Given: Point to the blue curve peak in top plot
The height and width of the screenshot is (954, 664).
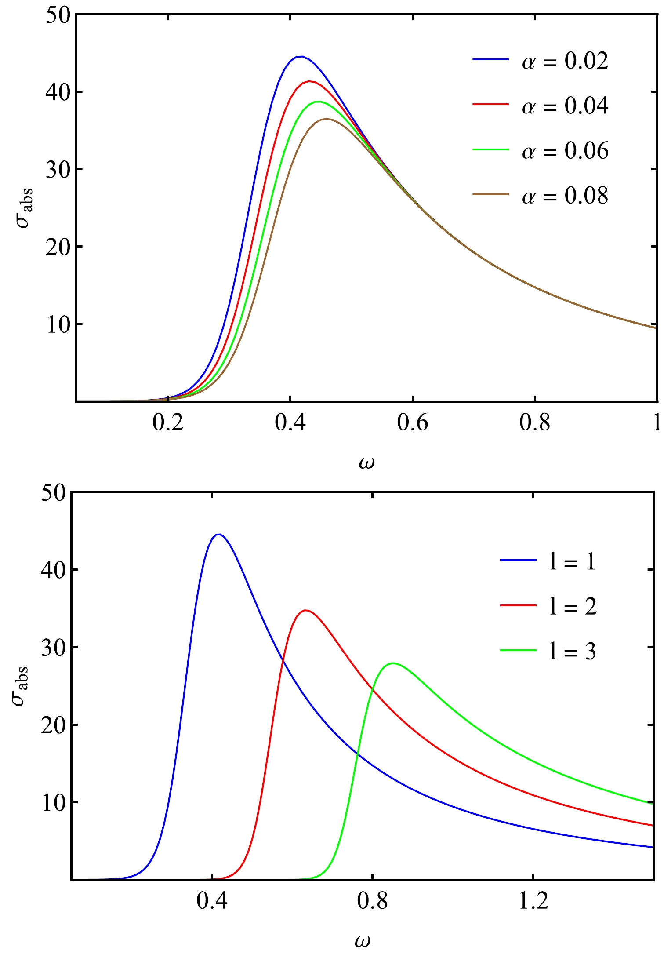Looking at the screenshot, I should coord(300,57).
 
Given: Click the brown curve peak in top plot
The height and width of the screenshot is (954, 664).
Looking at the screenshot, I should coord(327,119).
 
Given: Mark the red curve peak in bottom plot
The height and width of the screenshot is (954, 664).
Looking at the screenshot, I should coord(306,610).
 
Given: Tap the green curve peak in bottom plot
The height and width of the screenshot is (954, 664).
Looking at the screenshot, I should coord(392,663).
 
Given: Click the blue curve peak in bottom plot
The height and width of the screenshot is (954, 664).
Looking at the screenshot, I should coord(219,534).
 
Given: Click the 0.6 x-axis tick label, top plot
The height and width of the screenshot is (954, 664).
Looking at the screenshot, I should coord(412,423).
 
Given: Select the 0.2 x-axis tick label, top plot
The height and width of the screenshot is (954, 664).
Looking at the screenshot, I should coord(167,423).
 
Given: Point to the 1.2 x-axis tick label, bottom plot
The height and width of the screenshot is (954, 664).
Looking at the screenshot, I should coord(533,901).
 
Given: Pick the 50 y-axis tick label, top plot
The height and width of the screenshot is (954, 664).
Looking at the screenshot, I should coord(58,15).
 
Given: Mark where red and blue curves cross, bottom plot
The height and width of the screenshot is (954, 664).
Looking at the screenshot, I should coord(282,661).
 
